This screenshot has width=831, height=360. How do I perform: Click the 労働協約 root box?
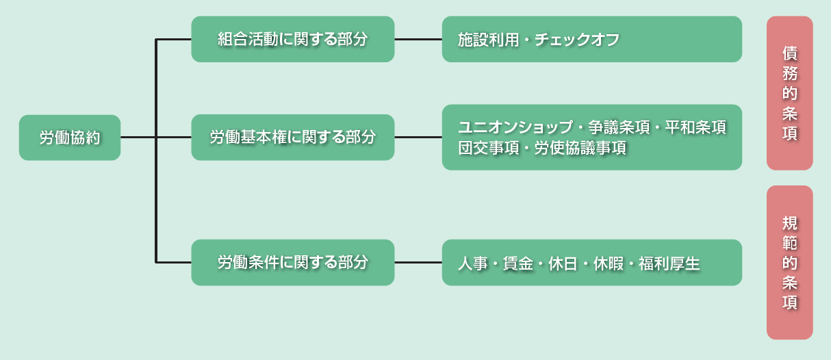pos(70,138)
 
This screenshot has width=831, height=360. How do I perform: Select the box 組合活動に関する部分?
pos(293,39)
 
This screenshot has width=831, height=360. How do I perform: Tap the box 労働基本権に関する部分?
pos(293,137)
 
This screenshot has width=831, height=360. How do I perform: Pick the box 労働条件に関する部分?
pos(293,263)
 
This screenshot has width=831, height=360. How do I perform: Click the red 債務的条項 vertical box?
pos(790,93)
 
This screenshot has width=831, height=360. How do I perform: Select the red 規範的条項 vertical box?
pos(790,263)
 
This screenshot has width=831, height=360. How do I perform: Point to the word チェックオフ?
pos(577,40)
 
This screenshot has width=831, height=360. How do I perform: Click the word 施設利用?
pos(488,40)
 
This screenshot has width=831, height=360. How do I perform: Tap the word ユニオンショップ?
pos(516,127)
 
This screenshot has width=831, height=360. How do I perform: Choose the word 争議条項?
pos(619,127)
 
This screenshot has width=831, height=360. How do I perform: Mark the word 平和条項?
pos(695,127)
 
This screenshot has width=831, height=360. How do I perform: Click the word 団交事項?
pos(489,148)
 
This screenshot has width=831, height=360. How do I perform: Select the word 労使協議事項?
pos(580,148)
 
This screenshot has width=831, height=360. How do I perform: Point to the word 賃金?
pos(518,263)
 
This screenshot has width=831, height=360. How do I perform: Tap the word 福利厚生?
pos(669,263)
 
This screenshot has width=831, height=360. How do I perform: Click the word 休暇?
pos(609,263)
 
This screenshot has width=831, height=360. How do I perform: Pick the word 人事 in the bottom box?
pos(472,263)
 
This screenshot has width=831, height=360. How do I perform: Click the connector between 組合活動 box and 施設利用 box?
pos(418,39)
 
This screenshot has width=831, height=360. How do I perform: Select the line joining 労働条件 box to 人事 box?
pos(418,263)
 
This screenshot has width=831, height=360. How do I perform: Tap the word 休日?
pos(563,263)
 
